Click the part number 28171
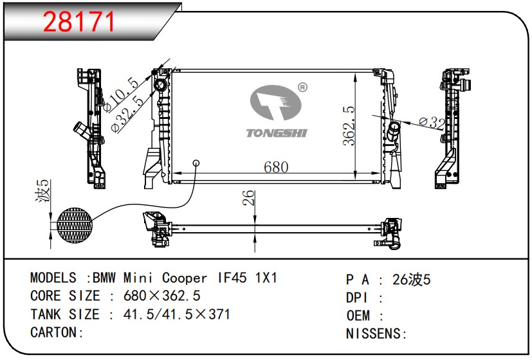click(x=78, y=21)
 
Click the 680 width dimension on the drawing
click(x=275, y=167)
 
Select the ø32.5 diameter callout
click(x=127, y=114)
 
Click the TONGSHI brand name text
click(x=277, y=133)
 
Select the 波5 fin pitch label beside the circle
click(x=43, y=194)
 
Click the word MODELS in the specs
click(x=53, y=278)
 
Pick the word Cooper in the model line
click(x=185, y=278)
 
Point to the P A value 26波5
click(x=411, y=280)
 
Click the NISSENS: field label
click(x=377, y=334)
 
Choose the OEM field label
click(x=358, y=316)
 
